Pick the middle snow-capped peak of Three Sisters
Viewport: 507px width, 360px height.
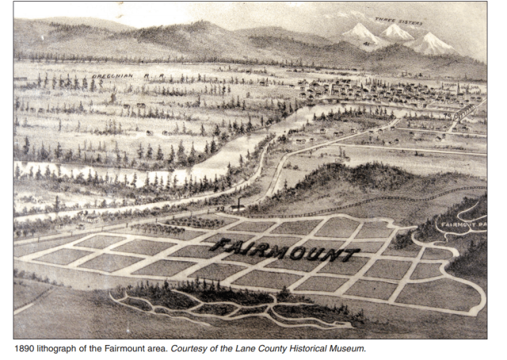396,32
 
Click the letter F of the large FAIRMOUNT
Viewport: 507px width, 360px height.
218,245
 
